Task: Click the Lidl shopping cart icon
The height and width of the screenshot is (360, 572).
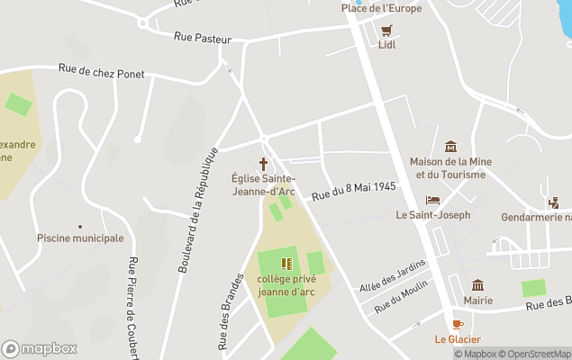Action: click(387, 30)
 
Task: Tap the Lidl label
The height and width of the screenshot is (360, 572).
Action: click(387, 44)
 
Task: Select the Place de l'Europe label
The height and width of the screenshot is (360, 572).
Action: click(381, 8)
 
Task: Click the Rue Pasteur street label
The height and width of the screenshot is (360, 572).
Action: click(203, 39)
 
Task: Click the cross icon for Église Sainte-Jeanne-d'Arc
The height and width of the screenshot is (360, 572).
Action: click(264, 164)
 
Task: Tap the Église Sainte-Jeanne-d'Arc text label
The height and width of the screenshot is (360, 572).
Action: click(263, 184)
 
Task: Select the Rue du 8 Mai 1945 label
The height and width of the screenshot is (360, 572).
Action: click(354, 190)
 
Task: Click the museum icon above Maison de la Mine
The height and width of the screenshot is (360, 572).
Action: click(450, 147)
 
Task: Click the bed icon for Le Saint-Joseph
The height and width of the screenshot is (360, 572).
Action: click(432, 201)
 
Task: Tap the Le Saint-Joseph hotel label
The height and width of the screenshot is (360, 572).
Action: click(432, 215)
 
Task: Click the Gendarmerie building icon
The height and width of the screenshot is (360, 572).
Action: click(553, 203)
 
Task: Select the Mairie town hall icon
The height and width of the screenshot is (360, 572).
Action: click(477, 285)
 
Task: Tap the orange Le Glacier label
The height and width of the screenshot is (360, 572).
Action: click(458, 339)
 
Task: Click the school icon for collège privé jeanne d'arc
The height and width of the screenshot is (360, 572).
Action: click(286, 264)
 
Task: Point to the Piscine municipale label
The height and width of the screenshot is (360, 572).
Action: click(80, 238)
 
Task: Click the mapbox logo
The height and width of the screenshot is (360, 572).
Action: click(40, 348)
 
